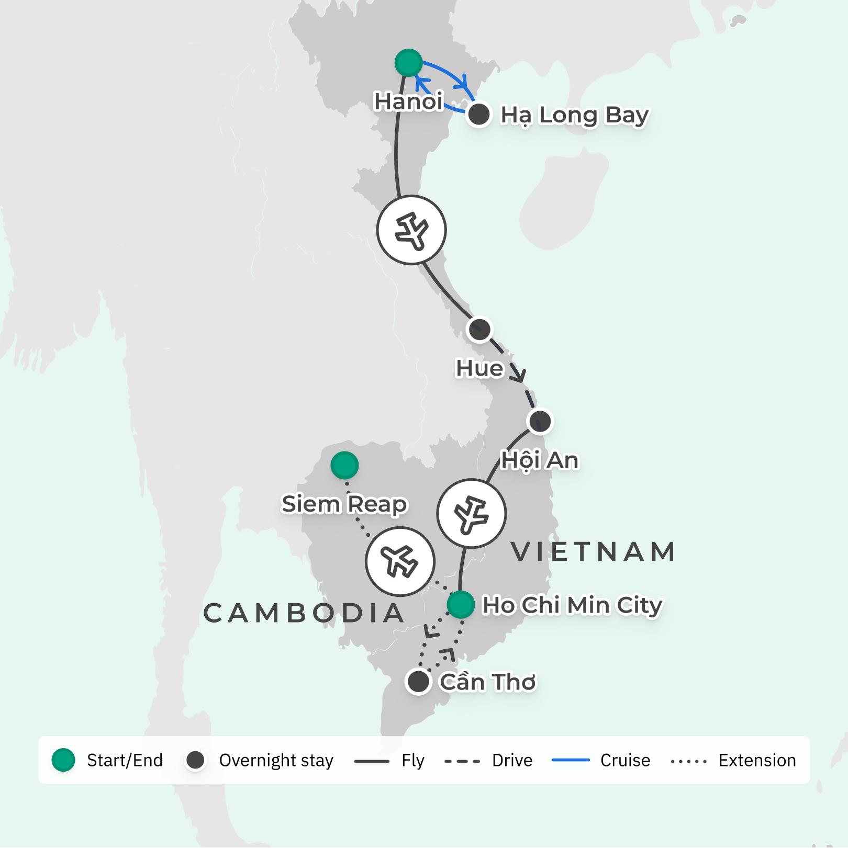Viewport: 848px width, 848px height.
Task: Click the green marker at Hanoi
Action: [x=408, y=63]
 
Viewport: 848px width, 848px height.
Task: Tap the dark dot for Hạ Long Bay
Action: [x=479, y=115]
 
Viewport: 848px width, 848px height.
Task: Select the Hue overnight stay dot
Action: [x=479, y=330]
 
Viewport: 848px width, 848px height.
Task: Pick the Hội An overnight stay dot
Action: [x=540, y=421]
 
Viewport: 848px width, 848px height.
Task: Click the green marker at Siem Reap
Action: [x=344, y=465]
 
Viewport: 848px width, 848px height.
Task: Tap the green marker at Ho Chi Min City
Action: [x=461, y=605]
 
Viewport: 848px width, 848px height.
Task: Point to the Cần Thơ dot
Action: [x=418, y=682]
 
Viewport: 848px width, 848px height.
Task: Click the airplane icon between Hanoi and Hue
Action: [x=411, y=230]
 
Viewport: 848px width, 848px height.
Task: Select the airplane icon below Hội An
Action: [x=472, y=513]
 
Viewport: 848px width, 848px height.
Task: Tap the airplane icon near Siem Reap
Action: [x=400, y=561]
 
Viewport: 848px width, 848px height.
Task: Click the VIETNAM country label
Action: [x=593, y=552]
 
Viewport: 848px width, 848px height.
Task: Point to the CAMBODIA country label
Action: [x=304, y=613]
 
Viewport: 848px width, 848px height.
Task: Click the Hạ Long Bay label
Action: [x=575, y=115]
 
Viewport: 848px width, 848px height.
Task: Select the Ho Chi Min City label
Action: [x=572, y=605]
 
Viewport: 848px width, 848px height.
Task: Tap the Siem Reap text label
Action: [x=344, y=504]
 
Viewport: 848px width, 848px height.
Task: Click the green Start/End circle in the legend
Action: [x=63, y=760]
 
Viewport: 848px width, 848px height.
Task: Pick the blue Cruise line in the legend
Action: [x=571, y=760]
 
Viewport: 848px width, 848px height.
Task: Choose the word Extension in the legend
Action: [x=757, y=760]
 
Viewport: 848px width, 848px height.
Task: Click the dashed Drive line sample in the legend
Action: [x=462, y=761]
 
